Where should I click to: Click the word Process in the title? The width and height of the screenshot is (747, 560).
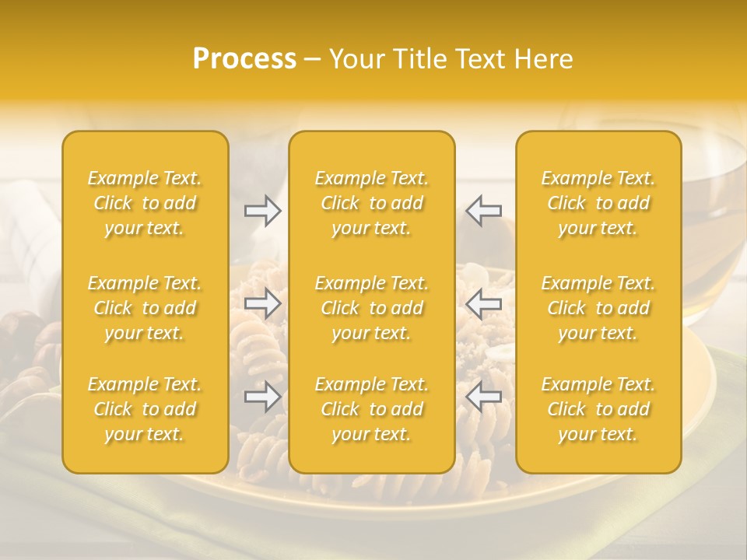pos(244,59)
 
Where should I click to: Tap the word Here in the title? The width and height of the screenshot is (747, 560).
pos(542,59)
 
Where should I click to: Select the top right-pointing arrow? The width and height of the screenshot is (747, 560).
pos(262,211)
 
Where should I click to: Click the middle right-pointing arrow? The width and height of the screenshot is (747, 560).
pos(262,303)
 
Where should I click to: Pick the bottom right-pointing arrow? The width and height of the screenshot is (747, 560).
pos(262,397)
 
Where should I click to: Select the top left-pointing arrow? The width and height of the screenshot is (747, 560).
pos(484,211)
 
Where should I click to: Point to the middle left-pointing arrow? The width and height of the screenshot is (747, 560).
pos(484,303)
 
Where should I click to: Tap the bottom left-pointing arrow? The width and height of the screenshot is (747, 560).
pos(484,397)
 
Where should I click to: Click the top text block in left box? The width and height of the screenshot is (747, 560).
pos(145,203)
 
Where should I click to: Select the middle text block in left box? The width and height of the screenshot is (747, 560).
pos(145,308)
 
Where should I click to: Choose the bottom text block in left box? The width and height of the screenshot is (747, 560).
pos(145,409)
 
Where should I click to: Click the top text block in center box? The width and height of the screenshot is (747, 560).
pos(372,203)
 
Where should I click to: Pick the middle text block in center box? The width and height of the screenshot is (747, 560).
pos(372,308)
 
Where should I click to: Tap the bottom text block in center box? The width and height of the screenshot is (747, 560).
pos(372,409)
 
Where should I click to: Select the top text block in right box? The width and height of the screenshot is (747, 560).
pos(598,203)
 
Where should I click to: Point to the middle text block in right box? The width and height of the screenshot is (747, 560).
pos(598,308)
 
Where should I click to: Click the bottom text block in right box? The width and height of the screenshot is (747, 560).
pos(598,409)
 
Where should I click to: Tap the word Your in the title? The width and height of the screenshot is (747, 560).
pos(355,59)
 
